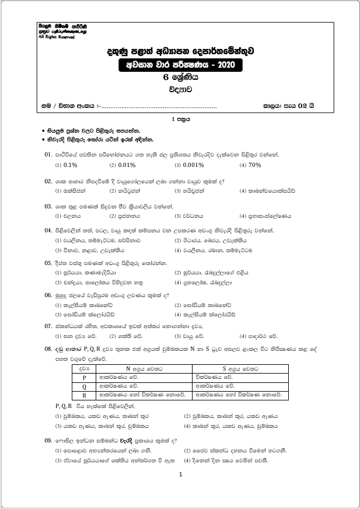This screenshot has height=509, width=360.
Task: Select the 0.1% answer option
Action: click(x=70, y=165)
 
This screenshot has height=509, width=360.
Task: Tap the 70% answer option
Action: click(x=254, y=165)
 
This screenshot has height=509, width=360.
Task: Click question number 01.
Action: click(x=49, y=155)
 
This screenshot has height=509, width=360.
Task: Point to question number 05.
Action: click(x=49, y=263)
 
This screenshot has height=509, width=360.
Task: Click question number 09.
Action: click(x=49, y=441)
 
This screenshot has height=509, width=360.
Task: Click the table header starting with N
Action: click(x=144, y=368)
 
